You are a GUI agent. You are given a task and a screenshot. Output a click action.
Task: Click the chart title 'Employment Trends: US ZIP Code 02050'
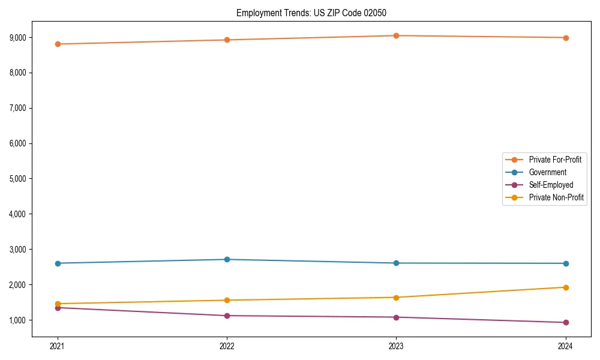click(x=316, y=13)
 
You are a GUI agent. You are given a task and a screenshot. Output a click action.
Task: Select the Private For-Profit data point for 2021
click(x=58, y=44)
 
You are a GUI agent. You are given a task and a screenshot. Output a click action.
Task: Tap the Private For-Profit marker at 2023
click(x=396, y=35)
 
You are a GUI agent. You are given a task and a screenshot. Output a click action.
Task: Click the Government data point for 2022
click(x=227, y=259)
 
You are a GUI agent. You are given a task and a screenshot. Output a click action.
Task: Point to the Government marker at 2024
click(x=566, y=263)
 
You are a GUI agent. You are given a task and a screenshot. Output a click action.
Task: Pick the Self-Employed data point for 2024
click(x=566, y=322)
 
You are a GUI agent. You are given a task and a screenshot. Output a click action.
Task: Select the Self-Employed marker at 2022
click(x=227, y=316)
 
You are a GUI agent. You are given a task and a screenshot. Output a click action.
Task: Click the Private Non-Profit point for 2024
click(x=566, y=287)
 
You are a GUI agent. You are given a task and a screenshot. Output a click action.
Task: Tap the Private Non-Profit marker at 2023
click(x=396, y=297)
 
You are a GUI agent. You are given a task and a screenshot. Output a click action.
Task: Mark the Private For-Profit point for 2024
click(x=566, y=38)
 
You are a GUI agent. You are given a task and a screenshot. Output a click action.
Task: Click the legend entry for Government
click(x=547, y=172)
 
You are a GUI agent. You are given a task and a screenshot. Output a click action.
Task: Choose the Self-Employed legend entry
click(x=551, y=185)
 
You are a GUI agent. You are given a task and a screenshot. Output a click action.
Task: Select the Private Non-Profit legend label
click(x=556, y=197)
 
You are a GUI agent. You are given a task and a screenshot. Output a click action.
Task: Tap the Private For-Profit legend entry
click(x=555, y=160)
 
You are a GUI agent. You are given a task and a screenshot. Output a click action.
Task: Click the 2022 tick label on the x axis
click(x=227, y=346)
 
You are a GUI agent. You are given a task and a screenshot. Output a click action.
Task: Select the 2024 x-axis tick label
click(x=566, y=346)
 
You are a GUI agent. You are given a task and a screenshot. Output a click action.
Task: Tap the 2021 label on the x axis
click(x=58, y=346)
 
